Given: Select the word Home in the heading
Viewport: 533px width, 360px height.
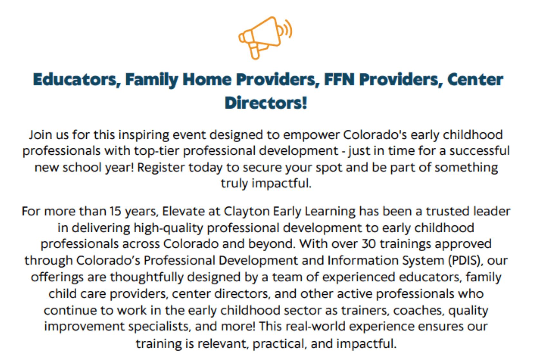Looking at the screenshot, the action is [207, 80].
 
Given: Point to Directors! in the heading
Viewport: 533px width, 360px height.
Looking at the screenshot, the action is [266, 103].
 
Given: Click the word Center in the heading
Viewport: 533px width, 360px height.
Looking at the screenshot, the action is [475, 80].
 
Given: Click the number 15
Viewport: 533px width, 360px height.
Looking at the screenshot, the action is [115, 211].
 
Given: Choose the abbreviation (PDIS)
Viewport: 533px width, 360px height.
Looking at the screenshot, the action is [466, 261].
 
